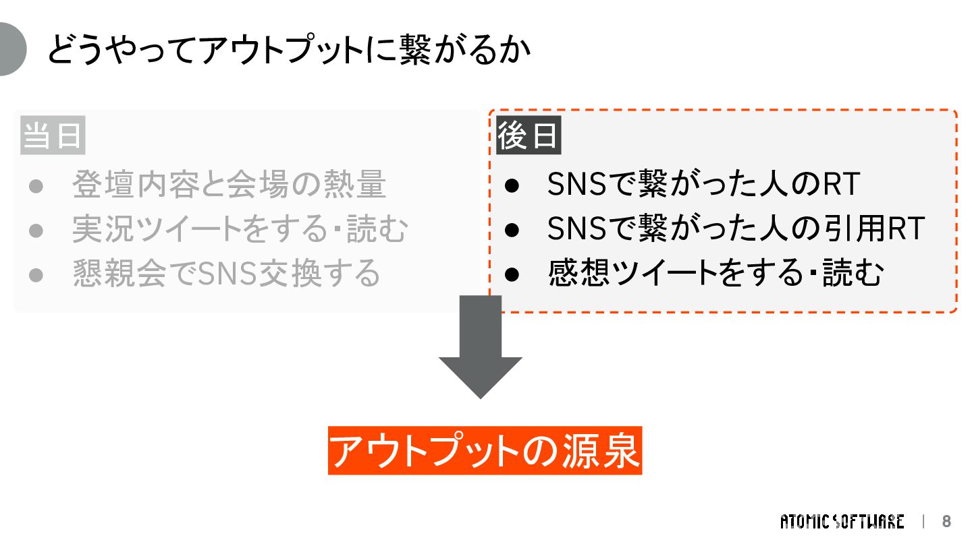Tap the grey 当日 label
tap(53, 136)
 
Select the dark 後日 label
tap(529, 136)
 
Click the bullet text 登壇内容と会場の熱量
tap(229, 185)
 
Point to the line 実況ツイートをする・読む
tap(240, 229)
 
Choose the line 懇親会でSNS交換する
tap(227, 274)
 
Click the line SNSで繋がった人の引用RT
tap(735, 229)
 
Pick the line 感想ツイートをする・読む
tap(715, 274)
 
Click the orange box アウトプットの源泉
tap(485, 450)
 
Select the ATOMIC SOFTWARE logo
tap(842, 522)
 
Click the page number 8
tap(946, 522)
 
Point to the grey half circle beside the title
tap(11, 49)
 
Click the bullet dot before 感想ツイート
tap(512, 274)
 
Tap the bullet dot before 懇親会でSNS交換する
tap(36, 274)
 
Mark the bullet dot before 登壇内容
tap(36, 185)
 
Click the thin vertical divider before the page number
tap(923, 522)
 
